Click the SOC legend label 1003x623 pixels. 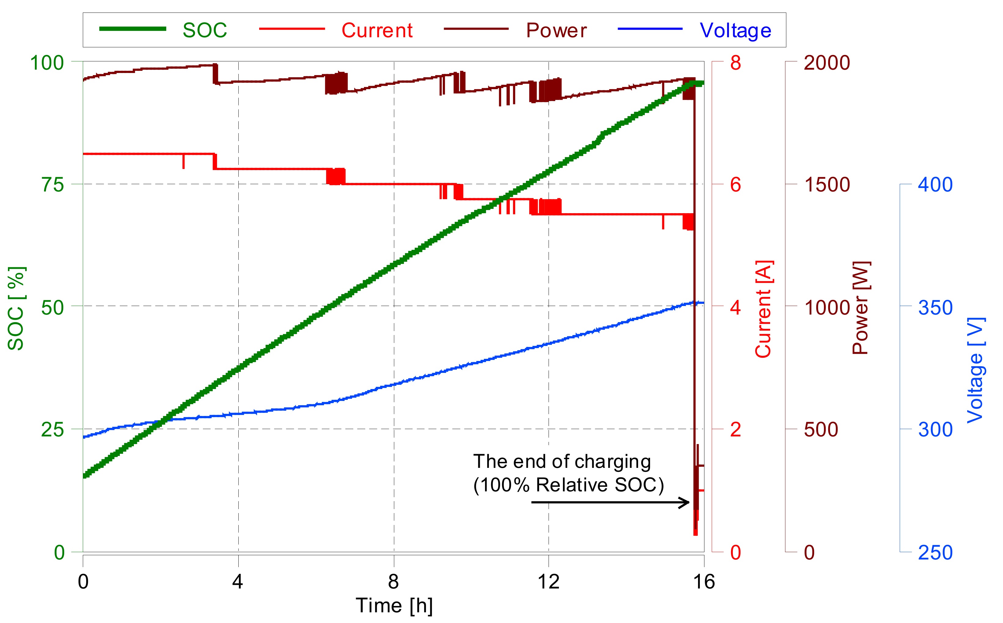click(x=204, y=31)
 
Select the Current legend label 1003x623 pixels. click(x=377, y=31)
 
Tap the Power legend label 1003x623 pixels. click(x=556, y=31)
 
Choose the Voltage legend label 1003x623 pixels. click(x=736, y=31)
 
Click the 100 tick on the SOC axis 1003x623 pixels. click(x=47, y=63)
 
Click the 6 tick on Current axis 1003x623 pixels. click(x=736, y=184)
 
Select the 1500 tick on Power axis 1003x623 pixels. click(x=827, y=184)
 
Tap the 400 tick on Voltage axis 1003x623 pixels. click(x=935, y=184)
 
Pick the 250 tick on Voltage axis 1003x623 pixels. click(x=935, y=552)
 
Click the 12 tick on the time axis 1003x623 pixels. click(x=548, y=582)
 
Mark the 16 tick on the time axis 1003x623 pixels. click(x=704, y=582)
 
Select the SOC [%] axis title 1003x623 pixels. click(x=17, y=308)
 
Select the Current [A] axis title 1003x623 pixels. click(x=763, y=309)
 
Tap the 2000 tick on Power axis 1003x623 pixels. click(x=827, y=63)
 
